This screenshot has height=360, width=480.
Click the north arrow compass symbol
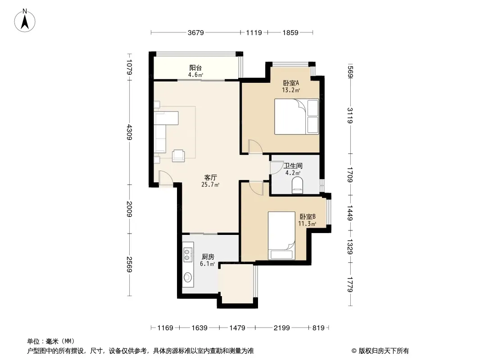point(25,21)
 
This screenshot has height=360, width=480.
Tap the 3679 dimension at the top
point(195,32)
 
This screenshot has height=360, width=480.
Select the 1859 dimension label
point(290,32)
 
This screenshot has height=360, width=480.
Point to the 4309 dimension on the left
point(129,132)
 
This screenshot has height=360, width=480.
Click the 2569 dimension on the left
point(129,265)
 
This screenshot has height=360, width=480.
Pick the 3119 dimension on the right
point(350,116)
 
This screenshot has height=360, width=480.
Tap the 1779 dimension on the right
point(350,284)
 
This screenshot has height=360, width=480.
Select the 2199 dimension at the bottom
point(281,328)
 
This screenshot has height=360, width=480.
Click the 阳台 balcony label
point(195,67)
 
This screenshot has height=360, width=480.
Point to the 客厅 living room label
point(211,177)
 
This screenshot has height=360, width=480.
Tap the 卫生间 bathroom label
point(293,166)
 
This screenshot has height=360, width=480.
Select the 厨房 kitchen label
point(208,256)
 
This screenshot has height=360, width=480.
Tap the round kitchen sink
point(188,277)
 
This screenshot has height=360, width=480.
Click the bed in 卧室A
point(296,117)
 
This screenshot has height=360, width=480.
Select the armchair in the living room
point(178,155)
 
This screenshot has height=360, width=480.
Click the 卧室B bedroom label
point(308,216)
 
